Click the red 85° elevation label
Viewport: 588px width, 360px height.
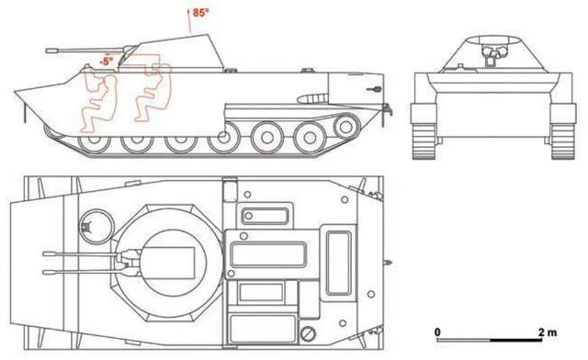[x=200, y=12]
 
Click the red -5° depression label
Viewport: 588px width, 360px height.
[x=107, y=61]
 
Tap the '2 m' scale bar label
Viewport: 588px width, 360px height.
[x=548, y=332]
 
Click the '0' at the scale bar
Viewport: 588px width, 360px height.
[x=437, y=332]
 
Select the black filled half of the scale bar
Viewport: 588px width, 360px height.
[x=515, y=340]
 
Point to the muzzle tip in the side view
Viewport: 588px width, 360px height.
[x=48, y=51]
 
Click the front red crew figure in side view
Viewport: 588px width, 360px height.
[x=98, y=102]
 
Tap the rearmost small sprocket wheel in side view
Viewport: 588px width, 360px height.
[x=347, y=127]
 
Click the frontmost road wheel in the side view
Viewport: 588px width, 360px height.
[x=95, y=141]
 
